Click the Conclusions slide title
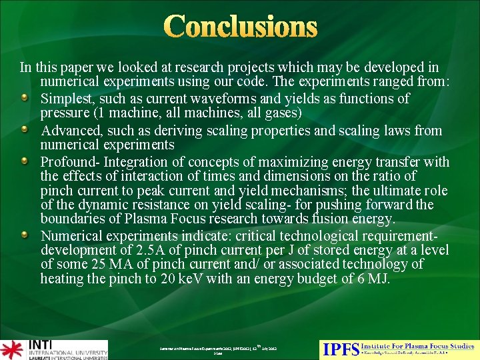coord(240,27)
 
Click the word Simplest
coord(66,99)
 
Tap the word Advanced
coord(69,131)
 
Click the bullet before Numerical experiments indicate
coord(24,235)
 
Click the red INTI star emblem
coord(12,349)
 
